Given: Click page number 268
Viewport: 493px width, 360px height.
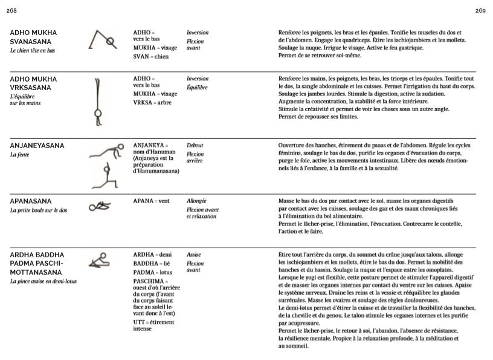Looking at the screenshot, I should click(11, 11).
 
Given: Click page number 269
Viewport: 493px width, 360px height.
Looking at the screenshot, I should click(480, 11).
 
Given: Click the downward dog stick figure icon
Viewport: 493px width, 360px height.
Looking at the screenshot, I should click(102, 40).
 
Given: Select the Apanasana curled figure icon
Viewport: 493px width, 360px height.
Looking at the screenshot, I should click(100, 207).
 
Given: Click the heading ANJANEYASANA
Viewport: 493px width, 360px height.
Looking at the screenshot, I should click(37, 146).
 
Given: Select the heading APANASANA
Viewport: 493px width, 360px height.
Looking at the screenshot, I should click(31, 201).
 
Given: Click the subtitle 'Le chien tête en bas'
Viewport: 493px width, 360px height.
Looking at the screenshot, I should click(33, 51).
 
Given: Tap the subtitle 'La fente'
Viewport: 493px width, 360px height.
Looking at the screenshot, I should click(19, 155).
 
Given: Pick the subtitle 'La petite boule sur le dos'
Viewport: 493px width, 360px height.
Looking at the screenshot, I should click(38, 210).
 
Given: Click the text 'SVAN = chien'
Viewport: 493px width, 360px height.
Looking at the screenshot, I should click(151, 57).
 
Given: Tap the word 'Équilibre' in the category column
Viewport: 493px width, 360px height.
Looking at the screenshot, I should click(197, 88).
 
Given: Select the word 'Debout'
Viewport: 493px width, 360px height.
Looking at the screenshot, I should click(195, 146).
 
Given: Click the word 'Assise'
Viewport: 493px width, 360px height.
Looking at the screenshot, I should click(194, 255).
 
